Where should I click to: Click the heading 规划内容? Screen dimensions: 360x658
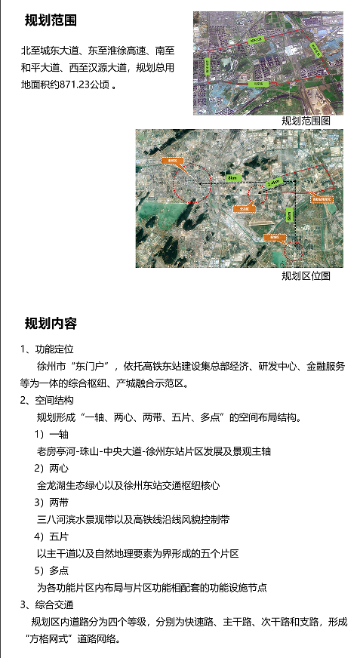(x=51, y=324)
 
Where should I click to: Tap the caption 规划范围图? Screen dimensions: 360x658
(x=306, y=121)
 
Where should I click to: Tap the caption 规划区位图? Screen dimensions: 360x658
(x=306, y=275)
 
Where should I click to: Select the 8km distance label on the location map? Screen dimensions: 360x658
(x=232, y=178)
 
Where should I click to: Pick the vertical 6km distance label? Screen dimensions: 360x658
(x=289, y=216)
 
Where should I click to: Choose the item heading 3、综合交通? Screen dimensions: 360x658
(x=47, y=604)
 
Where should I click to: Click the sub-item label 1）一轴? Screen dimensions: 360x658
(x=51, y=434)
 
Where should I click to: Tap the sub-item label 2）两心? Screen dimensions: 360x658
(x=51, y=468)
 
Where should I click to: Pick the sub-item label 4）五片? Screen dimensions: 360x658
(x=51, y=537)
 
